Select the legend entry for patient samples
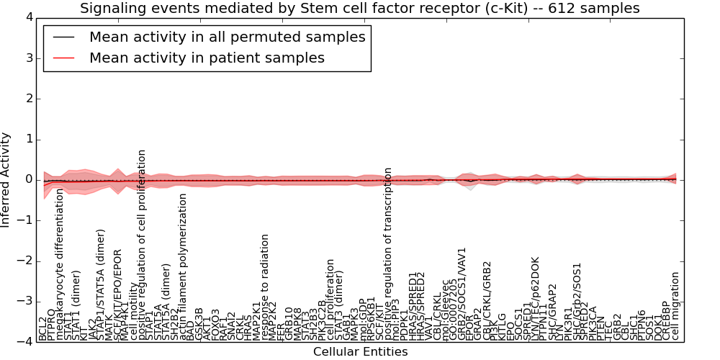tap(207, 58)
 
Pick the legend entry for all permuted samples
tap(227, 37)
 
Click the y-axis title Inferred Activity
tap(6, 179)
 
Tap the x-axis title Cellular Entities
tap(360, 352)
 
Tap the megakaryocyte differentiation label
tap(60, 264)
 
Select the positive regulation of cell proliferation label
tap(142, 245)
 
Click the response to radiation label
tap(266, 287)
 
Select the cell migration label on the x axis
tap(675, 305)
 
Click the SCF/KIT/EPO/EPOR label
tap(118, 294)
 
